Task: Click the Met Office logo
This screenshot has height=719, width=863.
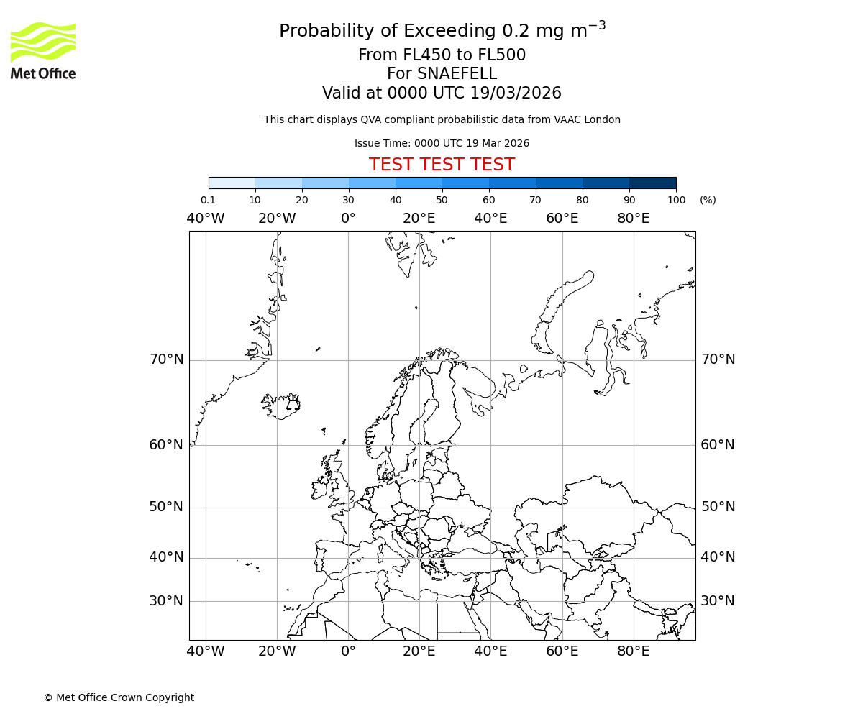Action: (43, 50)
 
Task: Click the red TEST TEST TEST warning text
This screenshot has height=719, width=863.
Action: (442, 165)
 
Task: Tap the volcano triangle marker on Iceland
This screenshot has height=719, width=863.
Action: (293, 404)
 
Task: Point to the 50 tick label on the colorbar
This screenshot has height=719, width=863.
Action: (442, 200)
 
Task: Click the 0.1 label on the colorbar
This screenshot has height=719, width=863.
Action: (208, 200)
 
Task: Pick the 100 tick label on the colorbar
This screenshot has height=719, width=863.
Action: (676, 200)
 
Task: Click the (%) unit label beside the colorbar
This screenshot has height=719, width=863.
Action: (708, 200)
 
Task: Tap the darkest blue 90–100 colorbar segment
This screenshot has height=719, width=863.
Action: (652, 183)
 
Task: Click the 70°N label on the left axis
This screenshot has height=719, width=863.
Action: (166, 359)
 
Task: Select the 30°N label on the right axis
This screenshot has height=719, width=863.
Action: (718, 601)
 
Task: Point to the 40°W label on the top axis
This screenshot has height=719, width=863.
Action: (206, 219)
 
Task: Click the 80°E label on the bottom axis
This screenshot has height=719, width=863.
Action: (634, 651)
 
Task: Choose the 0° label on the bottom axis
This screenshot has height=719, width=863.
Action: (348, 651)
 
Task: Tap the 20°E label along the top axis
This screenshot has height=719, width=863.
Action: (419, 219)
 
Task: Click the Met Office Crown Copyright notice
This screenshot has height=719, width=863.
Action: (119, 697)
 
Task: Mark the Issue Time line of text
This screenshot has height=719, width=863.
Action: (442, 143)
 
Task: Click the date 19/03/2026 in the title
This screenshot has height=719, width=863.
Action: (516, 93)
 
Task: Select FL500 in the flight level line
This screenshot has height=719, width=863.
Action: (501, 55)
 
